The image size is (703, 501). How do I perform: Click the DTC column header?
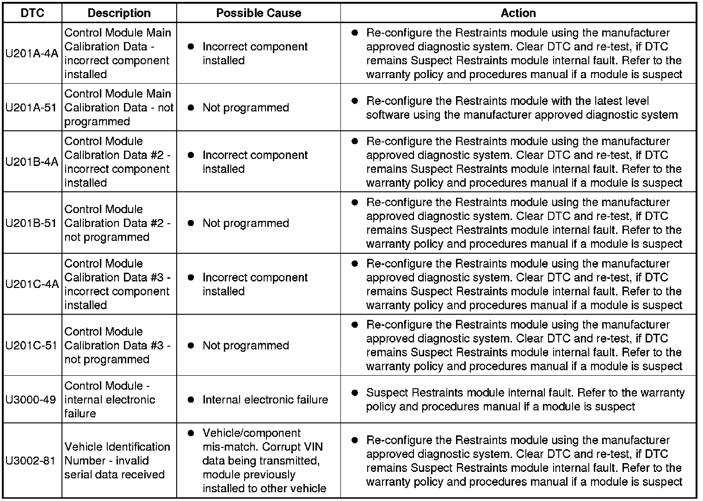pyautogui.click(x=32, y=13)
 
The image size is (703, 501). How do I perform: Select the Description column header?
pyautogui.click(x=119, y=13)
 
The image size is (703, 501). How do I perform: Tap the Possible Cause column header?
pyautogui.click(x=259, y=13)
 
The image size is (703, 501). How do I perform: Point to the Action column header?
pyautogui.click(x=518, y=13)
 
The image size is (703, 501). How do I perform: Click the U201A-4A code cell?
pyautogui.click(x=32, y=54)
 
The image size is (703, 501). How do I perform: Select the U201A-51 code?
pyautogui.click(x=31, y=108)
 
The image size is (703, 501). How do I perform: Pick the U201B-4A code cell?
pyautogui.click(x=32, y=162)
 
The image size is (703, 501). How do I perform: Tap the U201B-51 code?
pyautogui.click(x=31, y=223)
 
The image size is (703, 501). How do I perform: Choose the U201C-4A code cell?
pyautogui.click(x=32, y=284)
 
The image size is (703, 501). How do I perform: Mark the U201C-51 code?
pyautogui.click(x=31, y=345)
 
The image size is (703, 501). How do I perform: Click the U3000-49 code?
pyautogui.click(x=31, y=400)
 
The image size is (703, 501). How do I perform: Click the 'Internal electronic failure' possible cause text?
pyautogui.click(x=265, y=400)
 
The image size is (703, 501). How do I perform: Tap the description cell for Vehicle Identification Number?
pyautogui.click(x=117, y=461)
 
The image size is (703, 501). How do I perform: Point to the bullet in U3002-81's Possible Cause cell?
pyautogui.click(x=191, y=434)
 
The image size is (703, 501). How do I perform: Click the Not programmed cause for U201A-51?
pyautogui.click(x=246, y=108)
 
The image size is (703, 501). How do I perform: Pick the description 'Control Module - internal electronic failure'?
pyautogui.click(x=110, y=400)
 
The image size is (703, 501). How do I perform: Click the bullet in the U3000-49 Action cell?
pyautogui.click(x=355, y=393)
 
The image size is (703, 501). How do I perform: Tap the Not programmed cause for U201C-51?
pyautogui.click(x=246, y=346)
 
